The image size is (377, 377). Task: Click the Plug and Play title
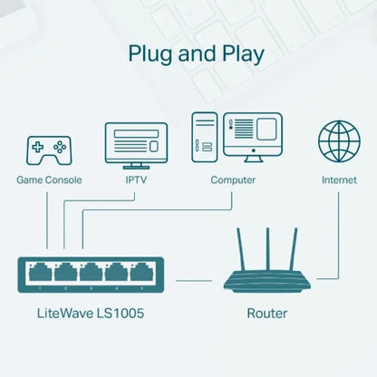(x=196, y=53)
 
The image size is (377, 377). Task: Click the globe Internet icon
(x=339, y=141)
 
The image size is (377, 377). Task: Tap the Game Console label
(x=50, y=180)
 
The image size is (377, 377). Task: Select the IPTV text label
(x=137, y=180)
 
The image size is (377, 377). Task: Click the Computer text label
(x=233, y=180)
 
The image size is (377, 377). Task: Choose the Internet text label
(x=339, y=180)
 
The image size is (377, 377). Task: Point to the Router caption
(x=266, y=314)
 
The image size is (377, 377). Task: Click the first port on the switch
(x=40, y=272)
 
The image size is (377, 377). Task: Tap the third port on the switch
(x=92, y=272)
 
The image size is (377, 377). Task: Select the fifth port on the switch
(x=143, y=272)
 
